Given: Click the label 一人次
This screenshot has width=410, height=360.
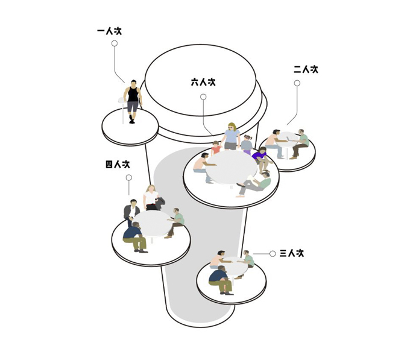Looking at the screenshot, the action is (x=109, y=31).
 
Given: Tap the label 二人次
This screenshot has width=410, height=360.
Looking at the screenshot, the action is (x=306, y=69).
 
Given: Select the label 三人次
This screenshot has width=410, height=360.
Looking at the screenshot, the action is (x=292, y=253).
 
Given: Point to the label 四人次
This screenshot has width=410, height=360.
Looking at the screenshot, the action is (x=118, y=165).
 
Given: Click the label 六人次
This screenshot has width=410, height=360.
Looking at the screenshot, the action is (x=203, y=83).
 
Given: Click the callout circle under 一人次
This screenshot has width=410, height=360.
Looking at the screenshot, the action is (x=115, y=43).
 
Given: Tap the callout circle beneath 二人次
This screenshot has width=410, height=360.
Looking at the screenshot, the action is (x=297, y=83).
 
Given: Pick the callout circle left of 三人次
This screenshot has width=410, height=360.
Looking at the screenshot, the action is (x=273, y=254).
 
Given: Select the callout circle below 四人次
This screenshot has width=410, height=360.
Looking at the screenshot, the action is (x=129, y=178).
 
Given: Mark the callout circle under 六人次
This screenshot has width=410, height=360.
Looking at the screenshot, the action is (x=203, y=97).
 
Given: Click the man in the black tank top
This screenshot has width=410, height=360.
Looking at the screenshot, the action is (x=133, y=101).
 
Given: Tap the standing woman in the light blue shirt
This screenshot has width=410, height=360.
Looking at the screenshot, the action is (x=230, y=136).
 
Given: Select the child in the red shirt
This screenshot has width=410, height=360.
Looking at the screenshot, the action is (x=216, y=148).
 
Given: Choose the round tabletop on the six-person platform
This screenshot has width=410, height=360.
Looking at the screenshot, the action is (x=231, y=167).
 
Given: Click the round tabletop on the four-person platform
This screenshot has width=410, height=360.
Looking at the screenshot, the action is (x=152, y=224).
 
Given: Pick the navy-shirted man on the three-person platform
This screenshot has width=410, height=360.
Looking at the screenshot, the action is (x=221, y=280).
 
